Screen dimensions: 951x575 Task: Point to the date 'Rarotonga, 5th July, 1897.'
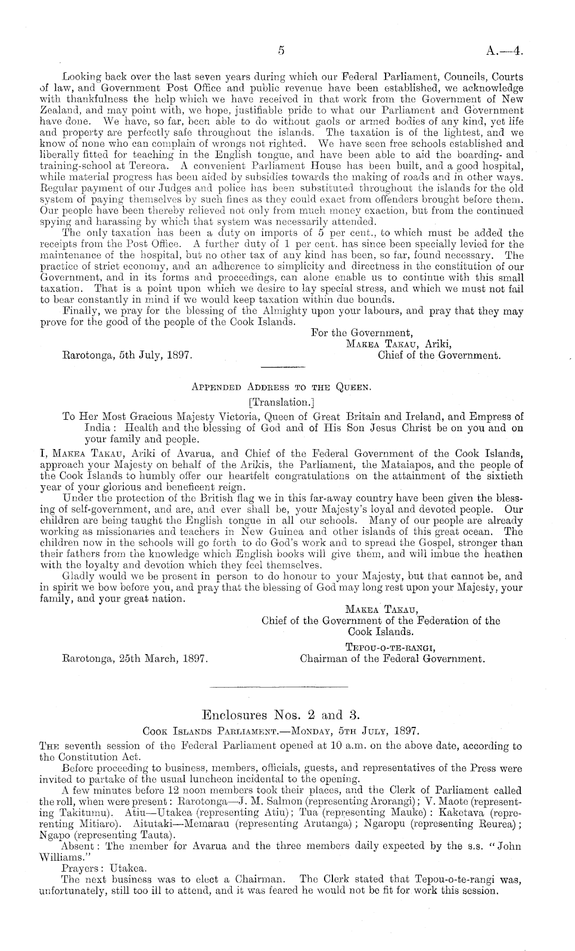[x=127, y=355]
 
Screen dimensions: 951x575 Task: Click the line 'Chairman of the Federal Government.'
[x=392, y=659]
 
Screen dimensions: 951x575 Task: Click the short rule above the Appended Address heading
[x=283, y=368]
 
